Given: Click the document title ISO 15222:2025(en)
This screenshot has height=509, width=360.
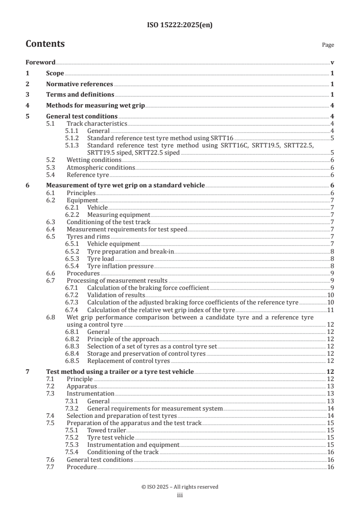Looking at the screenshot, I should coord(180,25).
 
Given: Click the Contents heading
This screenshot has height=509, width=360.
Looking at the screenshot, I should coord(45,44).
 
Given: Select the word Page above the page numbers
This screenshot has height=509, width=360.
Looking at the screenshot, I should coord(328,45).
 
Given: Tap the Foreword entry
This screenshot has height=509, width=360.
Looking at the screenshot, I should coord(40,63).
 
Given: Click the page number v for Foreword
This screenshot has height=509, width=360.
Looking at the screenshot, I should coord(332,63).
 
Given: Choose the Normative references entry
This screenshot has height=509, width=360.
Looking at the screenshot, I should coord(79,84).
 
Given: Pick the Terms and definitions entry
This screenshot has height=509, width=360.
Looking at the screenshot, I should coord(80,95).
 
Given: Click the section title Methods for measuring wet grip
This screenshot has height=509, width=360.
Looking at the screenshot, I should coord(95,106).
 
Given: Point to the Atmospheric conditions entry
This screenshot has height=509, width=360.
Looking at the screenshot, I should coord(101,167).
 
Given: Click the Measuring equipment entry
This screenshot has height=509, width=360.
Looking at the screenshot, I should coord(118,215).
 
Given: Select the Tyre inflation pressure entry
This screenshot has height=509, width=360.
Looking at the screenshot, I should coord(120,266).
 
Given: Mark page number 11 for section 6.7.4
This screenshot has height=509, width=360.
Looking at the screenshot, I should coord(331,309).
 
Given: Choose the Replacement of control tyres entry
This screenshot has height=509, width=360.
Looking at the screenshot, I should coord(128,361).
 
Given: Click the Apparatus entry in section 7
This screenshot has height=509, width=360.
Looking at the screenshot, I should coord(82,386).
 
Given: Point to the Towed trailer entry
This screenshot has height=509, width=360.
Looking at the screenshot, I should coord(106,430).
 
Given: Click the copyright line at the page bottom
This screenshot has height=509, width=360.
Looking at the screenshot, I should coord(180,487).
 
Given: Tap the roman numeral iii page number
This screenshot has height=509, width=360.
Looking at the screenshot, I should coord(180,495).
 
